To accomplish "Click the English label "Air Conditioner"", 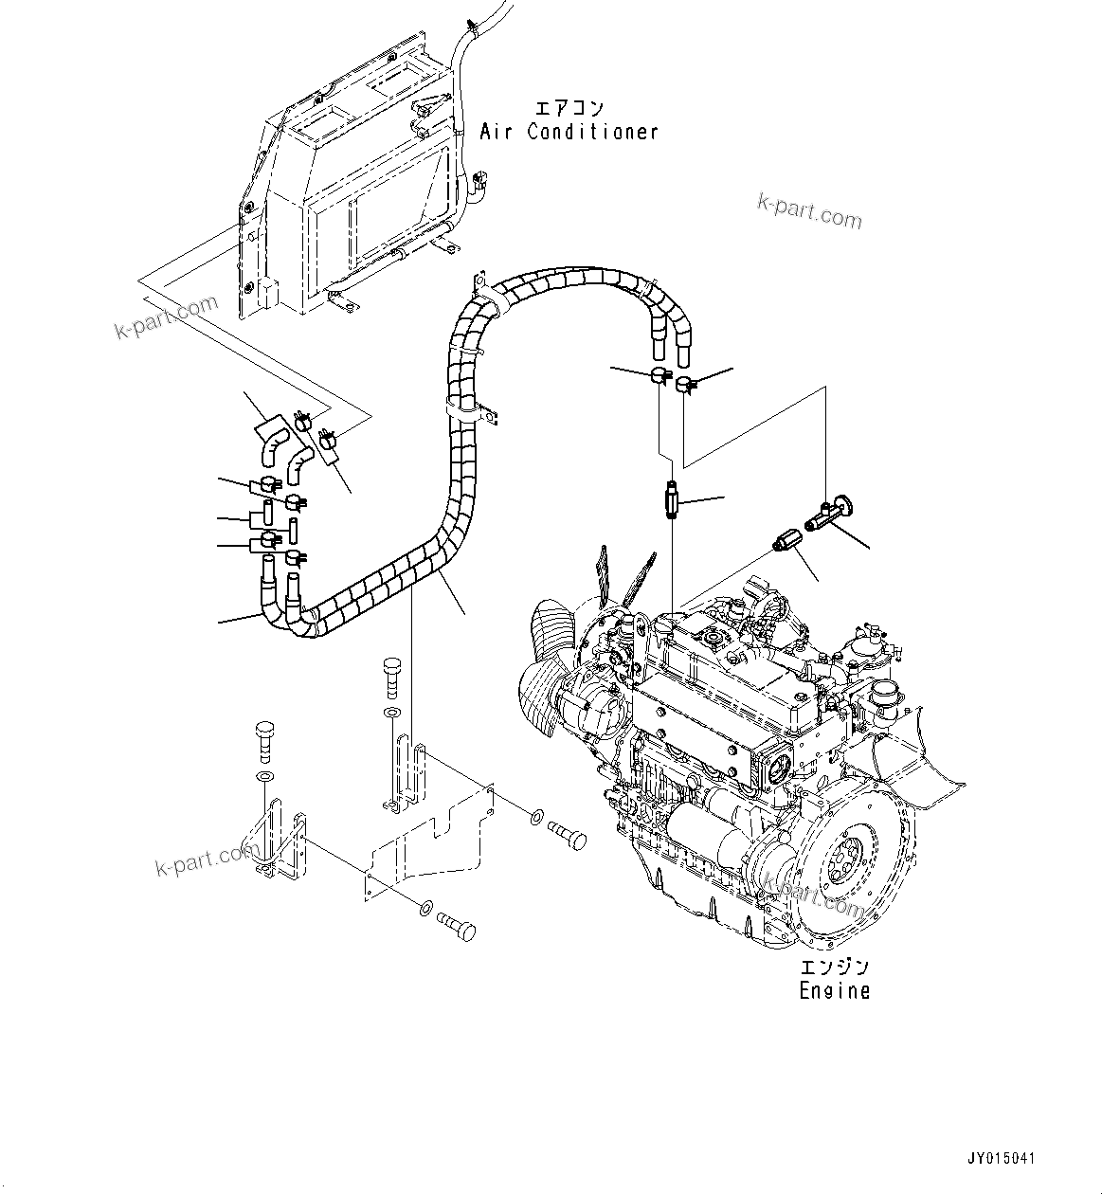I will (x=569, y=132).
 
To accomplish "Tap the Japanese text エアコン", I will (x=569, y=107).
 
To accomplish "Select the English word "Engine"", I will (x=834, y=991).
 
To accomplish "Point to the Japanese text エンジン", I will (x=834, y=968).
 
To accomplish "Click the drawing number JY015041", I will (x=1002, y=1158).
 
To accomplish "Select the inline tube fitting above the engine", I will (x=672, y=499).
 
